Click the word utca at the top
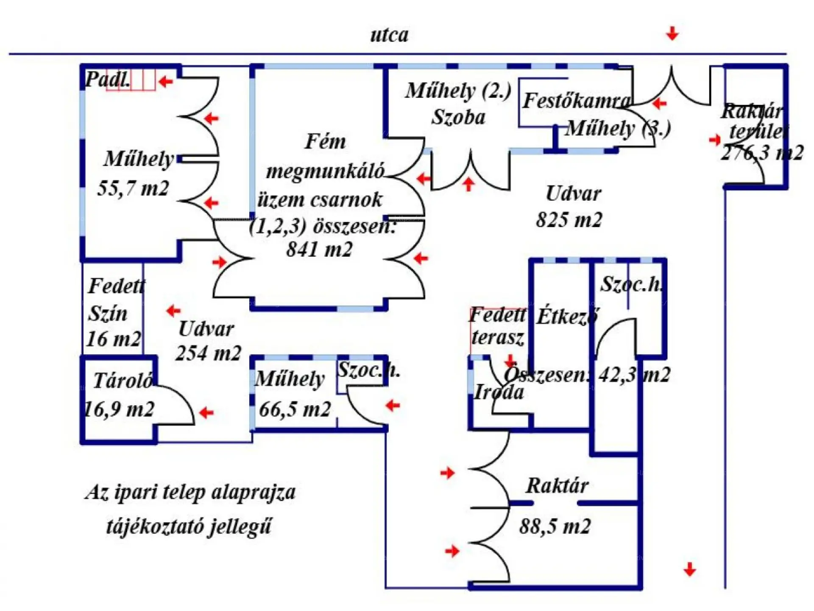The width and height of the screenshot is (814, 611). coord(389,35)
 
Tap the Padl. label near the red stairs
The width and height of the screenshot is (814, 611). coord(107,79)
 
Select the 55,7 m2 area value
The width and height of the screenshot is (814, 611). coord(133,188)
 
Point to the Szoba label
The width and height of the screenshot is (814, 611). coord(458,117)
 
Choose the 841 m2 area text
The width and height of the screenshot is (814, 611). coord(319,249)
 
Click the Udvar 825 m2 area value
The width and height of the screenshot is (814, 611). coord(569,220)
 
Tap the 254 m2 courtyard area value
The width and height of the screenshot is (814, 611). coord(208,353)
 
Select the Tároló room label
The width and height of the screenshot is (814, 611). coord(123,380)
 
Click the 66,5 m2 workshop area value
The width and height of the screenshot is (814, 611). coord(295,409)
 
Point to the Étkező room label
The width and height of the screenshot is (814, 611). coord(567,316)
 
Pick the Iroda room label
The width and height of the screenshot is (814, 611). coord(499,392)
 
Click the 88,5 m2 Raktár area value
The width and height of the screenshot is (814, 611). coord(555,527)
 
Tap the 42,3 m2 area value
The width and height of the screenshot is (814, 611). coord(634,375)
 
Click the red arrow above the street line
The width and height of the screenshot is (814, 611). coord(672,33)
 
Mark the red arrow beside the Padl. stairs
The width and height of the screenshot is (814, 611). coord(165,81)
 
